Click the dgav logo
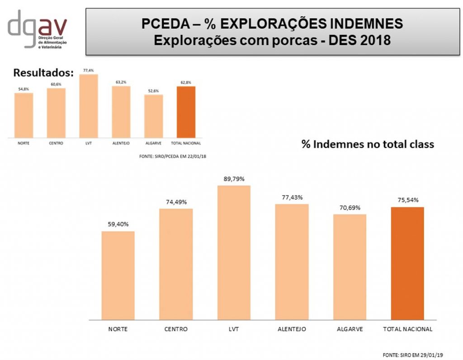coord(37,28)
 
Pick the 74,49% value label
coord(176,202)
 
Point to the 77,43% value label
coord(292,197)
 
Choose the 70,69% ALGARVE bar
coord(350,266)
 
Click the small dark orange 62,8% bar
coord(186,112)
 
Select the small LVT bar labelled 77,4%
coord(88,106)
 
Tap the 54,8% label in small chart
coord(24,89)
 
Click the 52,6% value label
coord(153,90)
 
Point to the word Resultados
coord(43,73)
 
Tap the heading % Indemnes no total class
coord(368,144)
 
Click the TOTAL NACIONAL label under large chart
coord(407,329)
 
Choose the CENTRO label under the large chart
coord(176,329)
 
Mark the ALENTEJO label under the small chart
coord(121,143)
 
